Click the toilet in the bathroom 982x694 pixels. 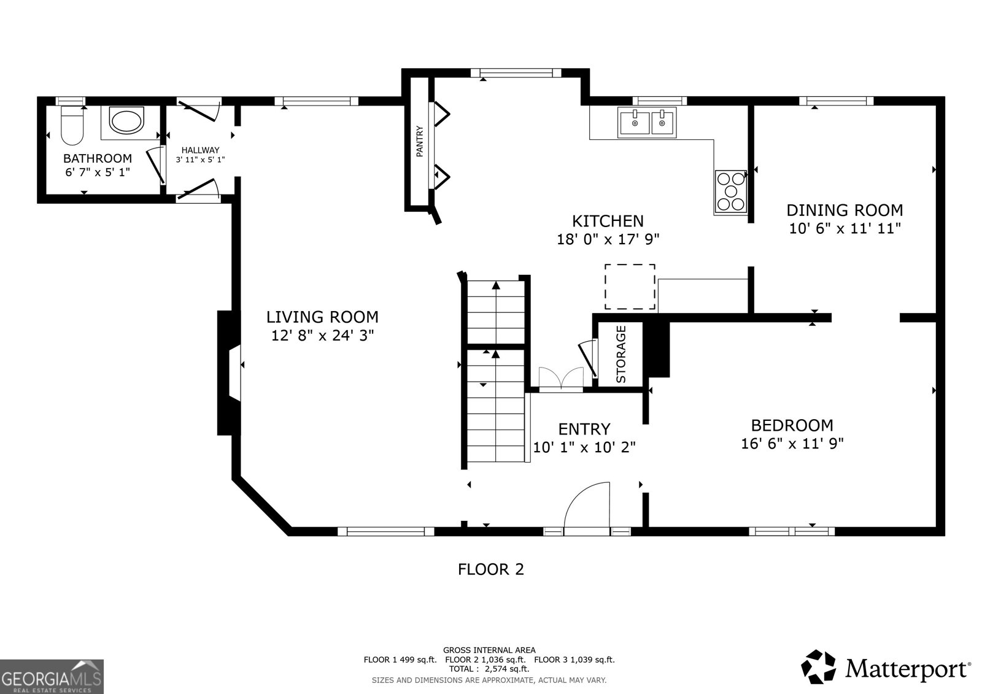point(72,125)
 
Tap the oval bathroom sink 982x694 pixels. point(126,119)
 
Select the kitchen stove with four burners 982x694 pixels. point(730,192)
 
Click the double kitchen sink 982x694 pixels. point(648,122)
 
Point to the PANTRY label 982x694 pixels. point(420,142)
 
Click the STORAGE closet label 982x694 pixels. point(621,355)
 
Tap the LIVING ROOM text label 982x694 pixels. point(322,317)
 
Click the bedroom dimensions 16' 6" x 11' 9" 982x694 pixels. point(792,444)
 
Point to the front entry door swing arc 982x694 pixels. point(586,503)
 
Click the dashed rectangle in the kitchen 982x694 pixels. point(630,287)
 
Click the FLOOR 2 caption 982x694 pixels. point(490,569)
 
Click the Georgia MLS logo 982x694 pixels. point(52,676)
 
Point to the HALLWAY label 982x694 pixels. point(200,150)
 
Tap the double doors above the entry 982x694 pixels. point(561,378)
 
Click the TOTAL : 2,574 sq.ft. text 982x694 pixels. point(489,669)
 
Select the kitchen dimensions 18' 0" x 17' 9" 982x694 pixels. point(608,239)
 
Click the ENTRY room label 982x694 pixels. point(584,428)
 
